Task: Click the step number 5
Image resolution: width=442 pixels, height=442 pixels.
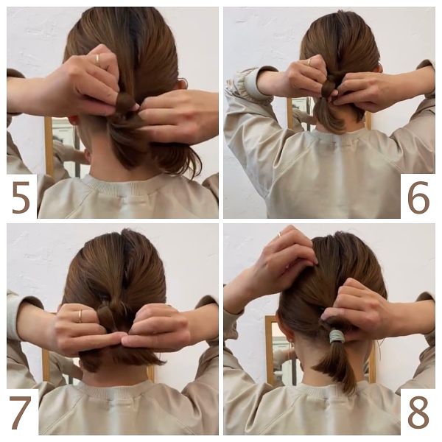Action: (21, 197)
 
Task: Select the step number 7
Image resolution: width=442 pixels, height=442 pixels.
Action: (20, 413)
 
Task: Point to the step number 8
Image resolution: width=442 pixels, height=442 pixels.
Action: (418, 413)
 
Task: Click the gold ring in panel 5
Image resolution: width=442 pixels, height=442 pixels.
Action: (97, 59)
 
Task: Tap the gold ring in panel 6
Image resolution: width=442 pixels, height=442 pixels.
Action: (309, 62)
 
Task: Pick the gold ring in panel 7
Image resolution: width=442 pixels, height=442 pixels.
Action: (80, 316)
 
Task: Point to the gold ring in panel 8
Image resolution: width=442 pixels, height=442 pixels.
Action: (280, 234)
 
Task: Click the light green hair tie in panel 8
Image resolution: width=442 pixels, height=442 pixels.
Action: (337, 336)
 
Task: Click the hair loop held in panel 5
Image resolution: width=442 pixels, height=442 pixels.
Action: (125, 102)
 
